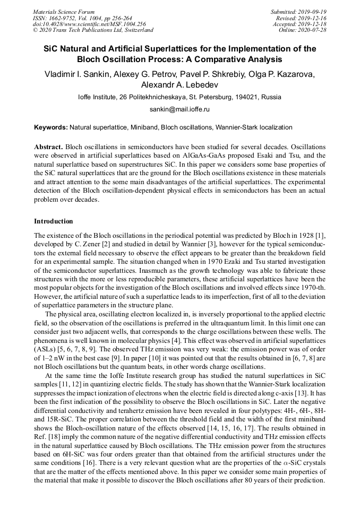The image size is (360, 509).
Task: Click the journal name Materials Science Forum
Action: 64,11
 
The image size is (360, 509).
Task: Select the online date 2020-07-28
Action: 314,30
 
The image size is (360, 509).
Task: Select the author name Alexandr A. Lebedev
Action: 179,84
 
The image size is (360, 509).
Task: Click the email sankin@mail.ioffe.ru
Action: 180,109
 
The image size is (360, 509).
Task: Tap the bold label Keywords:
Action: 50,127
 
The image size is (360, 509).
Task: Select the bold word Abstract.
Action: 48,146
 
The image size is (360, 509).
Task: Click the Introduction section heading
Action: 54,221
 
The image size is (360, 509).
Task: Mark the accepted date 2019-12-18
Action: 314,24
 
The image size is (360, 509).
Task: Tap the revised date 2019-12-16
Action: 314,18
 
